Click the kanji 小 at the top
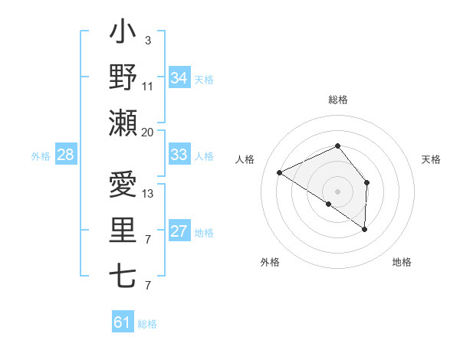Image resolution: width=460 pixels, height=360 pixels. [123, 34]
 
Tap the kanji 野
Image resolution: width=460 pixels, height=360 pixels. [123, 78]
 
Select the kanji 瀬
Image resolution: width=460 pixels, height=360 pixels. [123, 123]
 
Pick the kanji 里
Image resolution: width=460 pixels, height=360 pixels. [123, 231]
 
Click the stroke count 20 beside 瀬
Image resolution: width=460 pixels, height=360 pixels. [148, 132]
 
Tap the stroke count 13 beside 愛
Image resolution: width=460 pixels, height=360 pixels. [148, 193]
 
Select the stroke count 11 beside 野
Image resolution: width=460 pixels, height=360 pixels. [148, 87]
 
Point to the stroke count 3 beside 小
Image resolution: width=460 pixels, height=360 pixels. [147, 41]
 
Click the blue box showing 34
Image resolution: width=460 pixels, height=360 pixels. [179, 78]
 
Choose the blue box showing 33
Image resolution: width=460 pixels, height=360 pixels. [179, 155]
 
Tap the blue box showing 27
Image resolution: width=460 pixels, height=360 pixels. [179, 232]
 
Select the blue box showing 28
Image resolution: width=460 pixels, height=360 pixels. [65, 155]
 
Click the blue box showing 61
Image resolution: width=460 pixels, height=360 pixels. [123, 322]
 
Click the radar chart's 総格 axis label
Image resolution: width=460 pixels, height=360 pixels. [337, 100]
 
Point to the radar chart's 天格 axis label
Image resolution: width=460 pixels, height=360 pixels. [432, 159]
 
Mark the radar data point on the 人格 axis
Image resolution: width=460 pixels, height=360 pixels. [280, 172]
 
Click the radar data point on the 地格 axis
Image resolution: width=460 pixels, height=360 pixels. [365, 229]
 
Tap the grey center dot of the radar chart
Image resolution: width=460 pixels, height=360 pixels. [337, 191]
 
